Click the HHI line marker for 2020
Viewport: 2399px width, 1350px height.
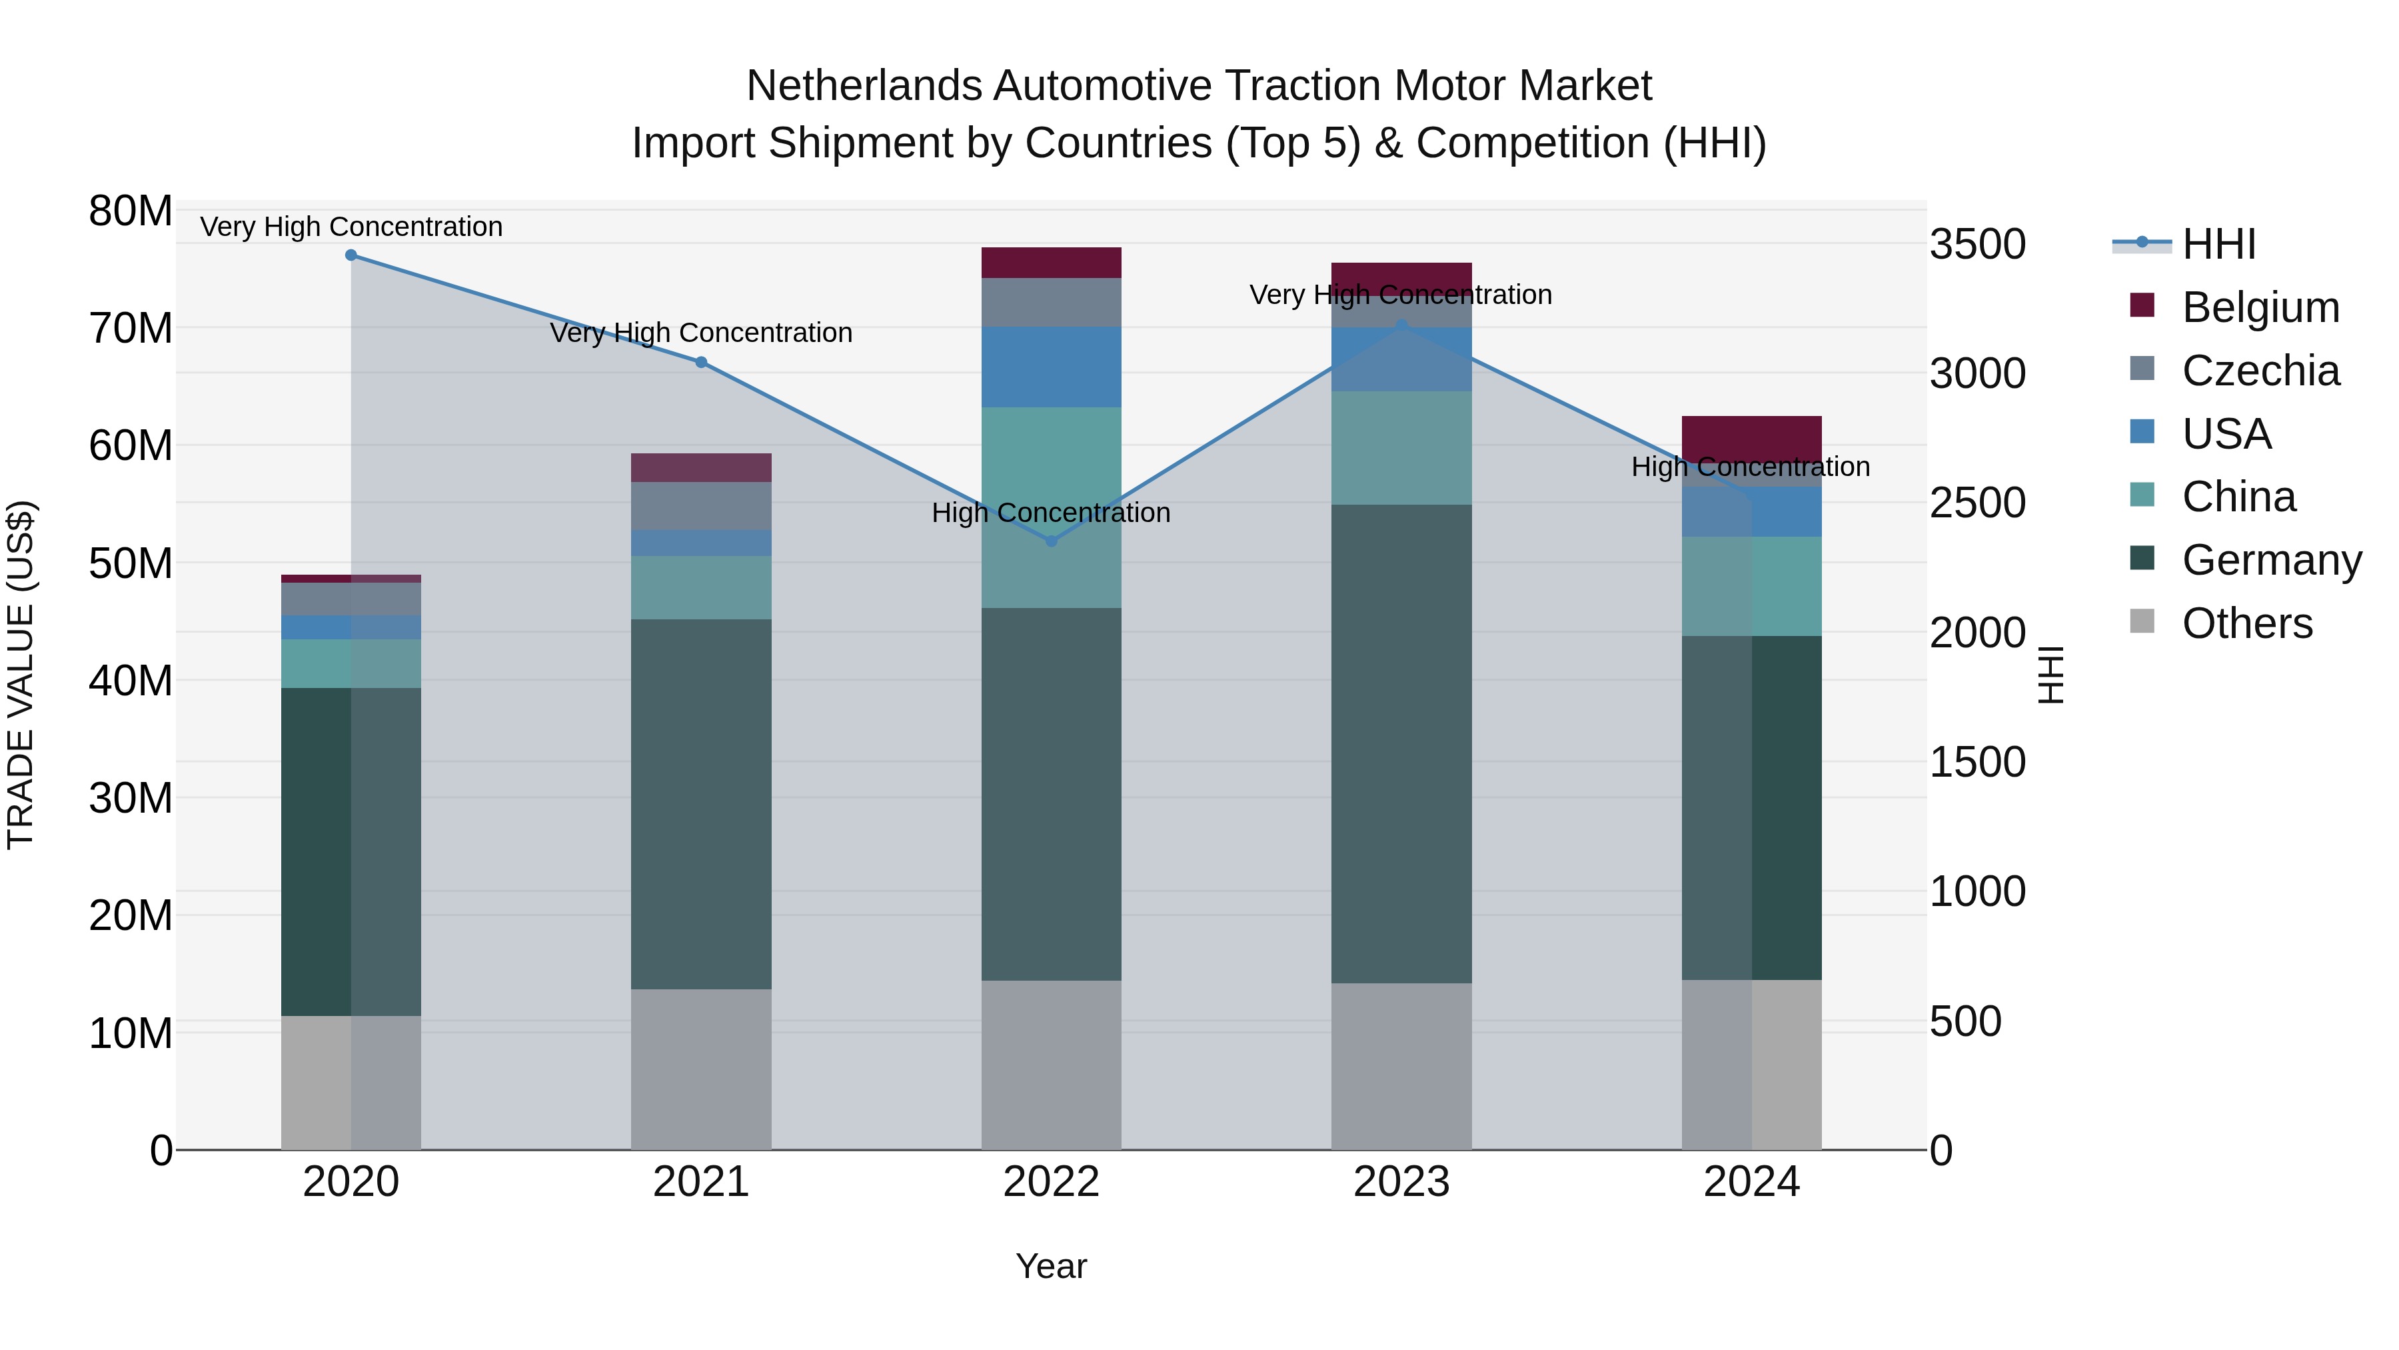351,255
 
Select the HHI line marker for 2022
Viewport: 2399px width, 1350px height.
1052,541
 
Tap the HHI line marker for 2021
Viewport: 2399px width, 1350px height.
701,363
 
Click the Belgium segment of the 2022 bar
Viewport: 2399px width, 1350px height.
1052,263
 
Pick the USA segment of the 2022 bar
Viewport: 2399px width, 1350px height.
1052,367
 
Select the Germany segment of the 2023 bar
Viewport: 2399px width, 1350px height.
1401,743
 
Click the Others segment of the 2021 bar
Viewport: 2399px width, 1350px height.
701,1069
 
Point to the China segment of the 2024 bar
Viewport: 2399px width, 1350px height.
1752,586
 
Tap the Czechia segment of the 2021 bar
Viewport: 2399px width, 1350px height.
701,506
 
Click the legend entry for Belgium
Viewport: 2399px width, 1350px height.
2260,307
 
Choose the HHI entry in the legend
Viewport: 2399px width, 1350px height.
2218,244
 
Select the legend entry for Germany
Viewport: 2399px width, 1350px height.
2270,560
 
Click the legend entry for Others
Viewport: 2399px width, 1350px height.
2246,623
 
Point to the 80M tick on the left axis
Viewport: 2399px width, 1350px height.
131,211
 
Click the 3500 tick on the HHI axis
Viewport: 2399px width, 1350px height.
1977,244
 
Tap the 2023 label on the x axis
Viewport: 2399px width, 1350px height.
1401,1182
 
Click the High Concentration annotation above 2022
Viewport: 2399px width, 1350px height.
1052,513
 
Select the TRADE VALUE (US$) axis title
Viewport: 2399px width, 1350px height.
21,675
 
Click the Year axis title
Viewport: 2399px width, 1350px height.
1052,1266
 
